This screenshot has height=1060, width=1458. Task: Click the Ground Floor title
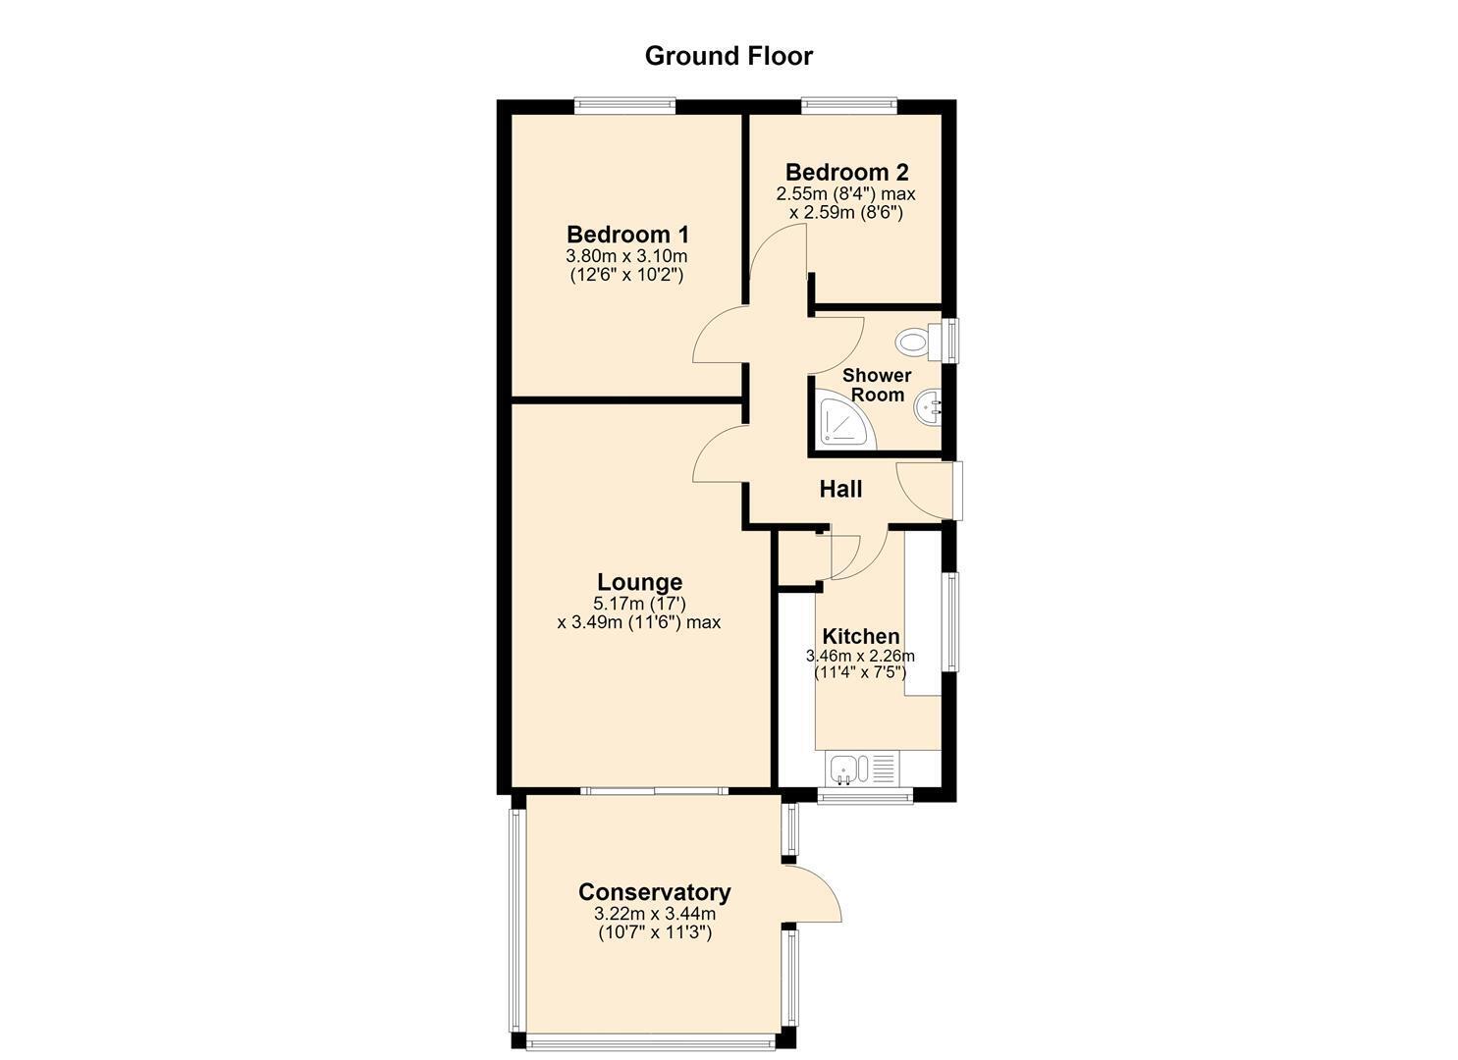(729, 56)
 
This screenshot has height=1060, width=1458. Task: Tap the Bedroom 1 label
(627, 235)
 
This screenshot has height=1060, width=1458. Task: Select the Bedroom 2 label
(846, 173)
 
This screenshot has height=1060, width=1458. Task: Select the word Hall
(840, 490)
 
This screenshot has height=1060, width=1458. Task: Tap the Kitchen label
(860, 636)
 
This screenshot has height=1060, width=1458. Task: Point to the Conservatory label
(654, 891)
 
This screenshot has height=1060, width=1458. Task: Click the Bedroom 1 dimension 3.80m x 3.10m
(626, 256)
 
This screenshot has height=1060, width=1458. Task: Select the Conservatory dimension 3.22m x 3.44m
(655, 914)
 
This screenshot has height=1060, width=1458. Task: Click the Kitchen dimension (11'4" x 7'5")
(860, 672)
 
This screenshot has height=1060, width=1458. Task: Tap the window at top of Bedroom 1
(624, 104)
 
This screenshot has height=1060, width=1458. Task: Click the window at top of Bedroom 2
(848, 104)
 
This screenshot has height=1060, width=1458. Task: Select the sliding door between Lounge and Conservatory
(654, 791)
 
